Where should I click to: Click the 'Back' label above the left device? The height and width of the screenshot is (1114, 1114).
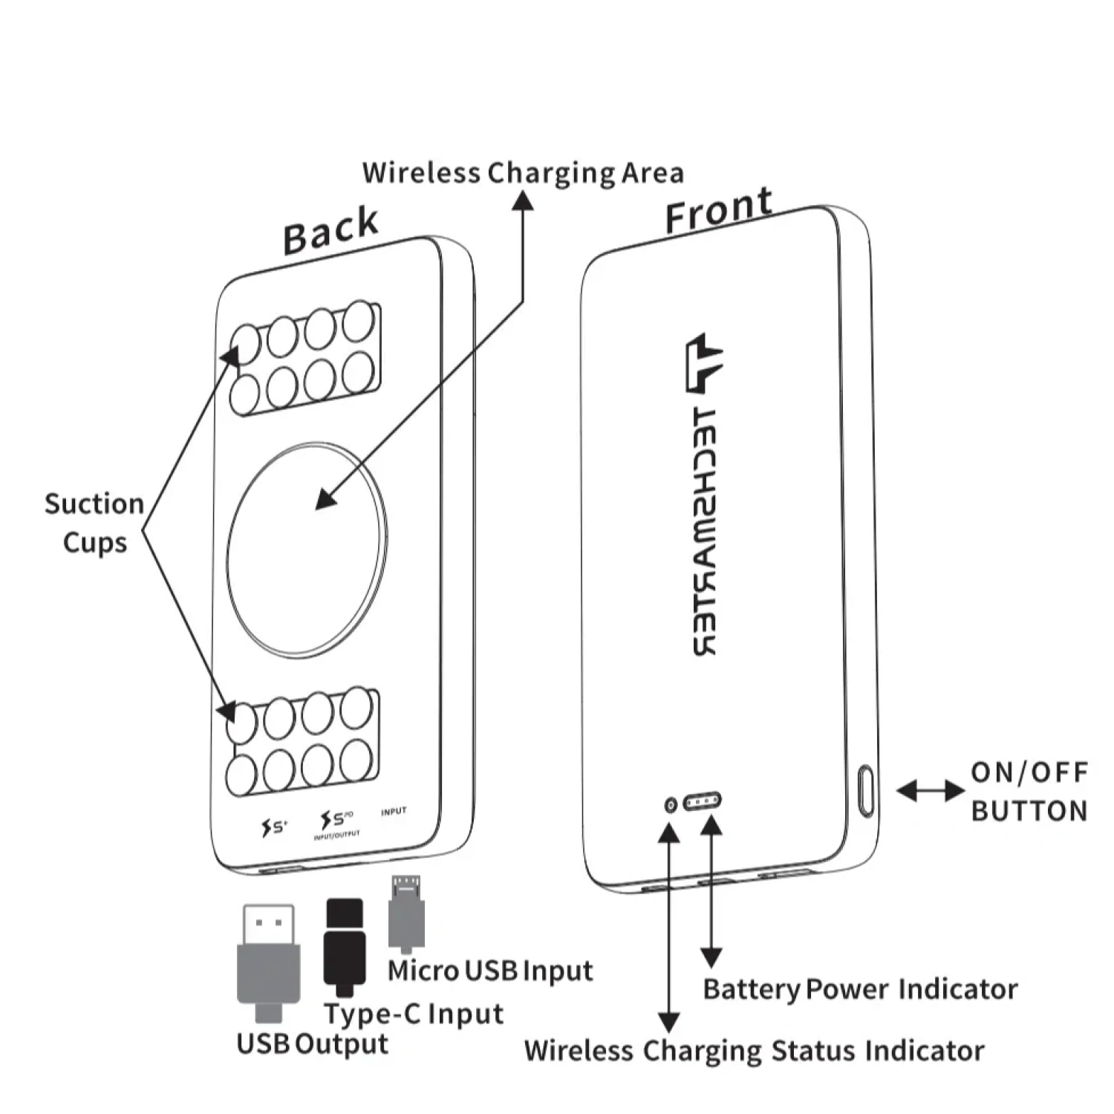pyautogui.click(x=330, y=230)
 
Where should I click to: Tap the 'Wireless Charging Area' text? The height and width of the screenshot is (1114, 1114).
pyautogui.click(x=523, y=173)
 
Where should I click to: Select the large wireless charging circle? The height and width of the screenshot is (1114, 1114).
pyautogui.click(x=306, y=550)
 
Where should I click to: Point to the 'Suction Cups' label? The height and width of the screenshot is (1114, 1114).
pyautogui.click(x=94, y=523)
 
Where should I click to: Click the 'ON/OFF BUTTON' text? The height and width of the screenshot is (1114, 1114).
pyautogui.click(x=1029, y=792)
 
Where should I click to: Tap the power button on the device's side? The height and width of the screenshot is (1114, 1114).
pyautogui.click(x=866, y=792)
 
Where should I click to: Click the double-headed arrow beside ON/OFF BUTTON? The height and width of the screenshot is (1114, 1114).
pyautogui.click(x=931, y=791)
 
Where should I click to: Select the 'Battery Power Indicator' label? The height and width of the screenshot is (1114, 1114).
pyautogui.click(x=860, y=989)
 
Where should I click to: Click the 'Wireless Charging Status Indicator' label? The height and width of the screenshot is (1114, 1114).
pyautogui.click(x=754, y=1051)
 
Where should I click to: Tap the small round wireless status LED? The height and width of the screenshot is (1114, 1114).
pyautogui.click(x=671, y=805)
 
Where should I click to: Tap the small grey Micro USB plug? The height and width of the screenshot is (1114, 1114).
pyautogui.click(x=406, y=914)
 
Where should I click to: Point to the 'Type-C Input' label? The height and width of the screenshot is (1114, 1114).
pyautogui.click(x=414, y=1014)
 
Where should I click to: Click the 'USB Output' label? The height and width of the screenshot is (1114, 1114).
pyautogui.click(x=312, y=1044)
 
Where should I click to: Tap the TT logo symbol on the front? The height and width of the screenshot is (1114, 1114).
pyautogui.click(x=702, y=364)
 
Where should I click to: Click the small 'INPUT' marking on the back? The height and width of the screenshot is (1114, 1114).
pyautogui.click(x=394, y=812)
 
